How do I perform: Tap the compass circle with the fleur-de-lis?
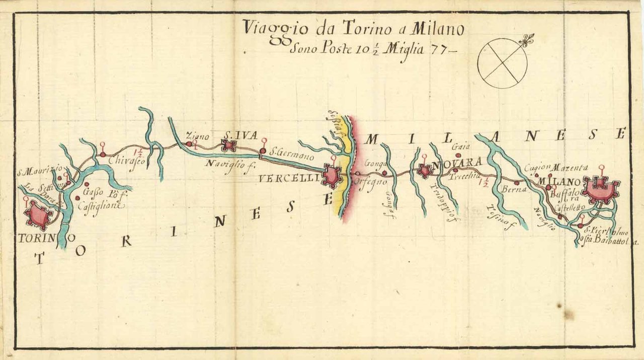(503, 63)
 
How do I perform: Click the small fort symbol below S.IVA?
(229, 146)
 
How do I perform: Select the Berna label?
(514, 189)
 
